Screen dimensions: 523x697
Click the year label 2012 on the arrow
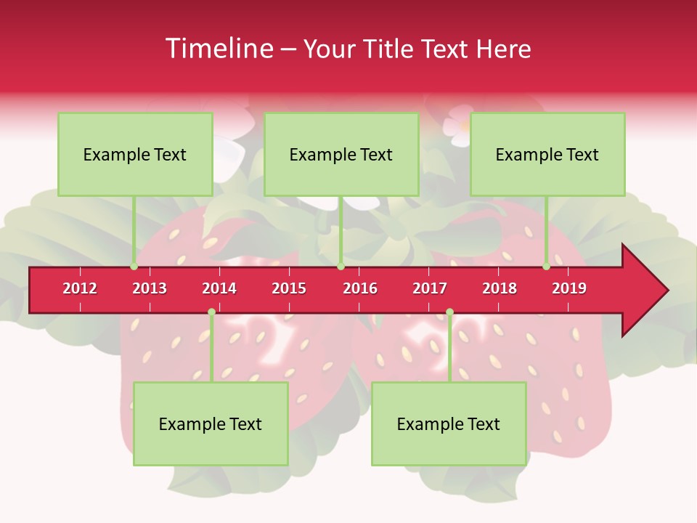[80, 288]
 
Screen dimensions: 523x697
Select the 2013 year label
[150, 288]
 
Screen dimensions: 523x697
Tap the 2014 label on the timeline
[219, 288]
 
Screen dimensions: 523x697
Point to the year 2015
[289, 288]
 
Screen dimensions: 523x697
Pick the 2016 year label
[360, 288]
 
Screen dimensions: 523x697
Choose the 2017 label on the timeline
[430, 288]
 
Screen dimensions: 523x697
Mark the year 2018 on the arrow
[500, 288]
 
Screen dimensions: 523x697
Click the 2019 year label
[569, 288]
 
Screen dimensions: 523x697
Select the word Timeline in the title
[218, 49]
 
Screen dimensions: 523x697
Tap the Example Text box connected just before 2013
[135, 154]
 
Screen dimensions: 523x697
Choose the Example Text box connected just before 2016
[341, 154]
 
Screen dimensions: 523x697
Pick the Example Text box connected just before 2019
[547, 154]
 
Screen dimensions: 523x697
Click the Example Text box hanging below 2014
[211, 423]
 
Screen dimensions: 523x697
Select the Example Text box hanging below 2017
[449, 423]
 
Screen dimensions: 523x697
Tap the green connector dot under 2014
[211, 312]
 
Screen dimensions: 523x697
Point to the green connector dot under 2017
[449, 312]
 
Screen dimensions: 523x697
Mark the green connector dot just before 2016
[341, 267]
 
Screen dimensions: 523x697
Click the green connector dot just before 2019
[546, 267]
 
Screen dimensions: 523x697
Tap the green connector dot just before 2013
[134, 267]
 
